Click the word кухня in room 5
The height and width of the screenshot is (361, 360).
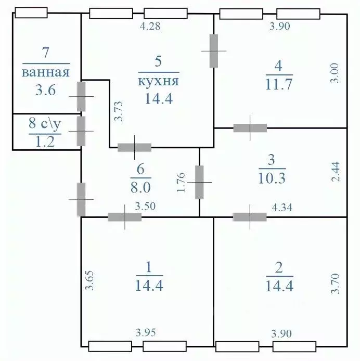point(159,82)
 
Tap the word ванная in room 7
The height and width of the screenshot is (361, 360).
point(46,72)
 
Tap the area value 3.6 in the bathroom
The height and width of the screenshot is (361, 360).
point(46,91)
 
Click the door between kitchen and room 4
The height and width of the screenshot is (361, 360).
point(214,51)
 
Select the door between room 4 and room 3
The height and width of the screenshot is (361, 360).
point(250,128)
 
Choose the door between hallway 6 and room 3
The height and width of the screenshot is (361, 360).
point(200,182)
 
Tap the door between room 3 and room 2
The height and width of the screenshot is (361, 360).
point(250,217)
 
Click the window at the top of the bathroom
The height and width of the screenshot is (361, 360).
point(32,11)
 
